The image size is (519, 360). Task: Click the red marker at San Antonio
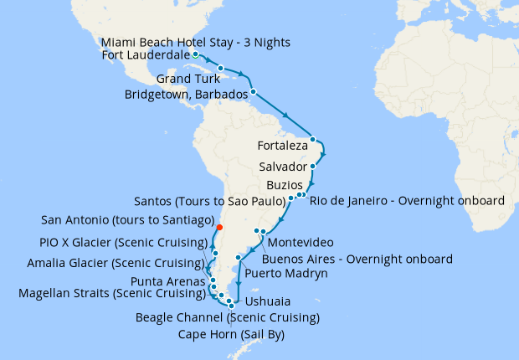click(219, 227)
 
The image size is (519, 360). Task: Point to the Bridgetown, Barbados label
click(186, 95)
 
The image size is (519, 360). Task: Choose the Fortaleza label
click(284, 144)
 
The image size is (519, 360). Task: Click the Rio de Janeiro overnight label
click(407, 201)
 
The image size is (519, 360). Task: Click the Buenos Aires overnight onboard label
click(357, 259)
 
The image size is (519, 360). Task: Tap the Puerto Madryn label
click(286, 273)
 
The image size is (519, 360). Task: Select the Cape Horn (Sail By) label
click(230, 334)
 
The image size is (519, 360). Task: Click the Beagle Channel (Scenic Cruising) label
click(228, 318)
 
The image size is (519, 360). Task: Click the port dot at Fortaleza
click(313, 139)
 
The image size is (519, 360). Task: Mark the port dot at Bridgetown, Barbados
click(252, 90)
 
